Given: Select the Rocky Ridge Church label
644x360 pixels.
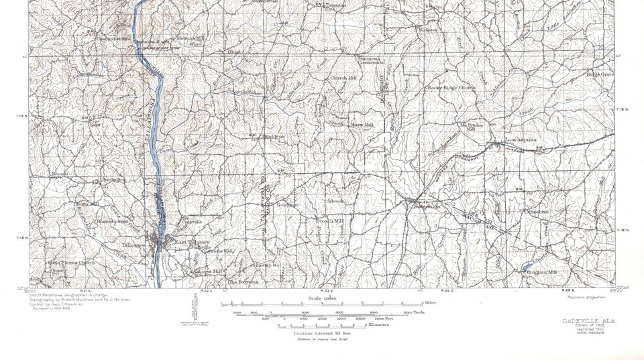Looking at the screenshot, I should click(x=451, y=88).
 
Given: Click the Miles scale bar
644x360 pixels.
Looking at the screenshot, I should click(x=313, y=304).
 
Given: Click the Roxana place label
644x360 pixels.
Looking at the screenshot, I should click(x=429, y=30).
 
